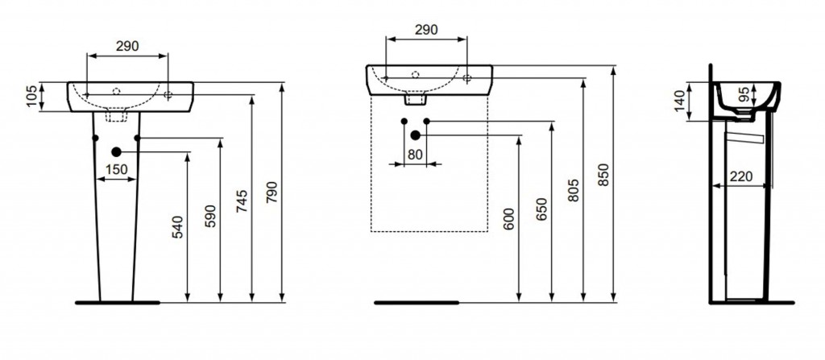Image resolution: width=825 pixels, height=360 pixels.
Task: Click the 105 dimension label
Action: (x=32, y=97)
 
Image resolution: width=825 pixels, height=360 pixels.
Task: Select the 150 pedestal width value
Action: (x=117, y=169)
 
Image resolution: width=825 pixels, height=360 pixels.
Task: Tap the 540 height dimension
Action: (x=178, y=227)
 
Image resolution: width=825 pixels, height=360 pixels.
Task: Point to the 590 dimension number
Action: (x=210, y=217)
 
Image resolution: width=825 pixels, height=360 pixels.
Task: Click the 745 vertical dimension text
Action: (x=242, y=201)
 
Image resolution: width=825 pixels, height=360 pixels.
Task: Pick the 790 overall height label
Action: (x=272, y=192)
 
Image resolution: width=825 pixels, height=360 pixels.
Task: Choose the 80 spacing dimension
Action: (x=415, y=155)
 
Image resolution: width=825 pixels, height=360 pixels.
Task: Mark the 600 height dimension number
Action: (x=509, y=219)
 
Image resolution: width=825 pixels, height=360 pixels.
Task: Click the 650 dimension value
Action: (x=542, y=209)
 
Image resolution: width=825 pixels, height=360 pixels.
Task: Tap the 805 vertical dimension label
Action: (x=574, y=191)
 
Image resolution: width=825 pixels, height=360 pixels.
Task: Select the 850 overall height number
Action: (x=604, y=175)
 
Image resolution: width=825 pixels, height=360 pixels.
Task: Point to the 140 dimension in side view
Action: (x=680, y=101)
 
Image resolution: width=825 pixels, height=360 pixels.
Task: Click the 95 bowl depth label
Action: (x=744, y=94)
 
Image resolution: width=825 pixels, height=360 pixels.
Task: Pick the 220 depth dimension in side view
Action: (x=741, y=176)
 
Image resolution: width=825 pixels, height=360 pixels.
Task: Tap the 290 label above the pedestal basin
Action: (x=127, y=47)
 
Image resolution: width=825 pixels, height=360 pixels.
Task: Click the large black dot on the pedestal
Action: (x=116, y=152)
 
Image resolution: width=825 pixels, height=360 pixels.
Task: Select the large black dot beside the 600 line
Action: (x=415, y=135)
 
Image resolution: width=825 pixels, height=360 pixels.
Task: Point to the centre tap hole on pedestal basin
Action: (x=116, y=91)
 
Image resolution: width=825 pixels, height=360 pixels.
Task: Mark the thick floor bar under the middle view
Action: (x=417, y=303)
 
